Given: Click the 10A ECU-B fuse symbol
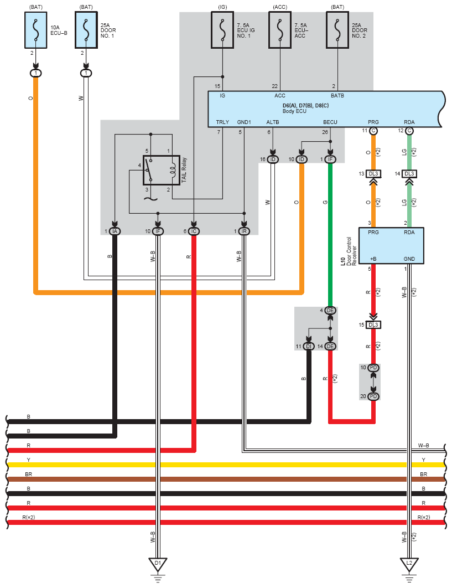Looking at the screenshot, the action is click(x=35, y=30).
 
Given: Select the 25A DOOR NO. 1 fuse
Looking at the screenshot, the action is click(x=86, y=30).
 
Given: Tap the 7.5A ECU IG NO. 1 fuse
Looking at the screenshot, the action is click(x=222, y=30).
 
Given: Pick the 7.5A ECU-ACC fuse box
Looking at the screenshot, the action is click(x=280, y=30).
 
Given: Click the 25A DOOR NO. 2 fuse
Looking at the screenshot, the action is click(x=337, y=30).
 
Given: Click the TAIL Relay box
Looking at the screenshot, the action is click(x=162, y=170).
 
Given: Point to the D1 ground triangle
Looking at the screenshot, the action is click(x=158, y=564).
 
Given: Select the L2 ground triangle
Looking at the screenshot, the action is click(x=409, y=564).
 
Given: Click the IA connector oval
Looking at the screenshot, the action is click(x=115, y=231).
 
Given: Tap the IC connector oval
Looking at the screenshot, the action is click(x=194, y=231).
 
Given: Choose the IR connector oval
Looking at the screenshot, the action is click(x=244, y=231).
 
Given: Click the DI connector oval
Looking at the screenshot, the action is click(x=309, y=347).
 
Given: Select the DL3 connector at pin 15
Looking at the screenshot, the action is click(x=373, y=325).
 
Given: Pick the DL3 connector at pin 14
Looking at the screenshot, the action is click(x=409, y=174).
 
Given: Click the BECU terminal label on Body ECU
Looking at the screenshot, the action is click(x=330, y=122).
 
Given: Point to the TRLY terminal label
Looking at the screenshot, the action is click(x=222, y=122).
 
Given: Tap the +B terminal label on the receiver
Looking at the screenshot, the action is click(x=373, y=259).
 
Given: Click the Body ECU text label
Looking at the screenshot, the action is click(x=294, y=111).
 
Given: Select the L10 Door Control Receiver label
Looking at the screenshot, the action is click(x=349, y=251).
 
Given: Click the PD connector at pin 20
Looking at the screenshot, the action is click(x=373, y=396).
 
